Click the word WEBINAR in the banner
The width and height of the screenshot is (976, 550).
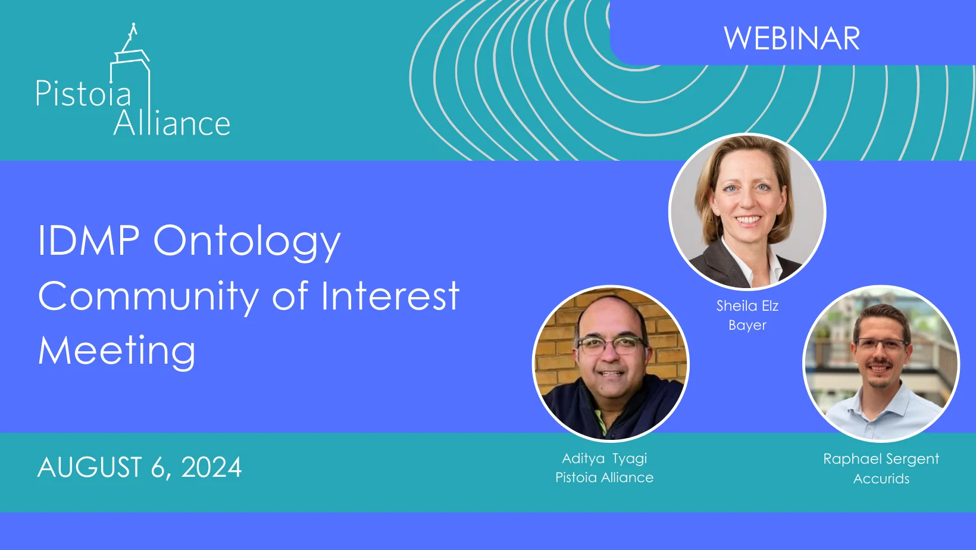pyautogui.click(x=792, y=39)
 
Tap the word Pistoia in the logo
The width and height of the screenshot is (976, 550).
pyautogui.click(x=83, y=94)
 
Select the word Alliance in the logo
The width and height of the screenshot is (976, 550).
pyautogui.click(x=171, y=123)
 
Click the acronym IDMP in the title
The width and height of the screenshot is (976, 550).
pyautogui.click(x=89, y=240)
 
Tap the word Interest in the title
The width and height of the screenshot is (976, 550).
pyautogui.click(x=390, y=296)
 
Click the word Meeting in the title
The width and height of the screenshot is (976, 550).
pyautogui.click(x=117, y=351)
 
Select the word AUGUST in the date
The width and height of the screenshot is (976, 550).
pyautogui.click(x=90, y=467)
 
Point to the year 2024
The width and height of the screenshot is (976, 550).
pyautogui.click(x=211, y=467)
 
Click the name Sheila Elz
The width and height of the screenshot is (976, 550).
pyautogui.click(x=747, y=306)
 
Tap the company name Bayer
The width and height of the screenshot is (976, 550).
pyautogui.click(x=747, y=325)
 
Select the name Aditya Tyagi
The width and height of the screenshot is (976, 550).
pyautogui.click(x=604, y=458)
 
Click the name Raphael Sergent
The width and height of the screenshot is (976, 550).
pyautogui.click(x=881, y=459)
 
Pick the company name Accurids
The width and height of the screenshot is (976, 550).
pyautogui.click(x=881, y=479)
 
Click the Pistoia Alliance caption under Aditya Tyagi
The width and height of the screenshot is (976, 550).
pyautogui.click(x=604, y=477)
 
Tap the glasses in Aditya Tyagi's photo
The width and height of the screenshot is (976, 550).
pyautogui.click(x=610, y=344)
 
